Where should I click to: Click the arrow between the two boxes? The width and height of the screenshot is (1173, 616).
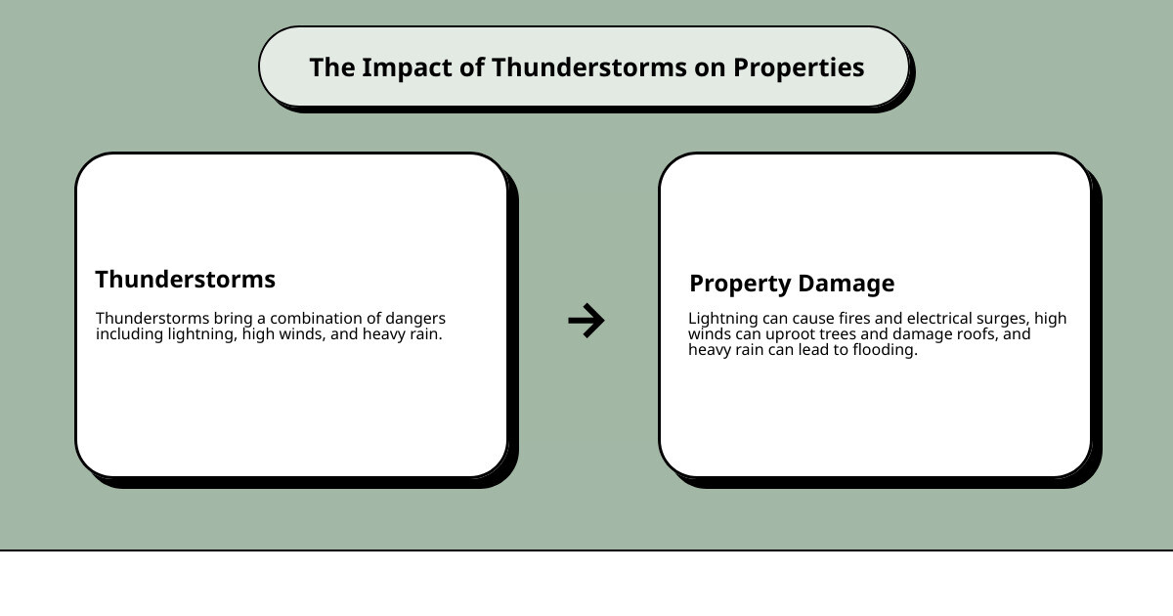click(586, 320)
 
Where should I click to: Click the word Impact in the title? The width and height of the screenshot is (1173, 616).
click(407, 68)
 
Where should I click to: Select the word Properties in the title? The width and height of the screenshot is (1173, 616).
click(799, 68)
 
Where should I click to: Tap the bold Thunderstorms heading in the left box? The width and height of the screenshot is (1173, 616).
click(186, 280)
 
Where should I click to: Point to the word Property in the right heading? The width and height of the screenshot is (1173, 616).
click(740, 284)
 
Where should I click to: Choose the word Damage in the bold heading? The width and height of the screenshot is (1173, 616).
click(847, 284)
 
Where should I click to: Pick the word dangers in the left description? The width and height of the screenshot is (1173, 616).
click(415, 319)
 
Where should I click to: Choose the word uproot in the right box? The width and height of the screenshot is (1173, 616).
click(790, 334)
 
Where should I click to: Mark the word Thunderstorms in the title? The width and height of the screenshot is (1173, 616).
click(589, 68)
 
